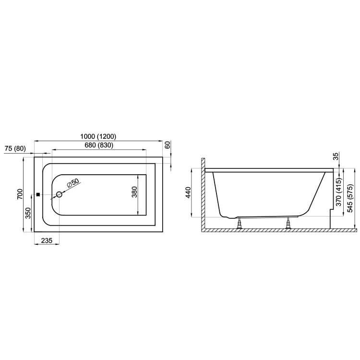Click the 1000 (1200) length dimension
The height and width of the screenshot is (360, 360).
pos(98,136)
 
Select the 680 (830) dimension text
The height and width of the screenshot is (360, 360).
pos(99,145)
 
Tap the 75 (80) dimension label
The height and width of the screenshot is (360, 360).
pos(15,148)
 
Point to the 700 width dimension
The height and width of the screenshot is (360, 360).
pos(20,194)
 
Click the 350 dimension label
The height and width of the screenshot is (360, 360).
pos(28,213)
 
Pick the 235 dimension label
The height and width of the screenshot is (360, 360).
pos(47,240)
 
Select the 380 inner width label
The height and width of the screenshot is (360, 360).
pos(134,192)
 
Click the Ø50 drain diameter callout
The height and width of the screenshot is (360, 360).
pos(73,183)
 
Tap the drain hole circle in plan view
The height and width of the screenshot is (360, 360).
pos(59,194)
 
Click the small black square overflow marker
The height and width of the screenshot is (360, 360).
pos(38,194)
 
